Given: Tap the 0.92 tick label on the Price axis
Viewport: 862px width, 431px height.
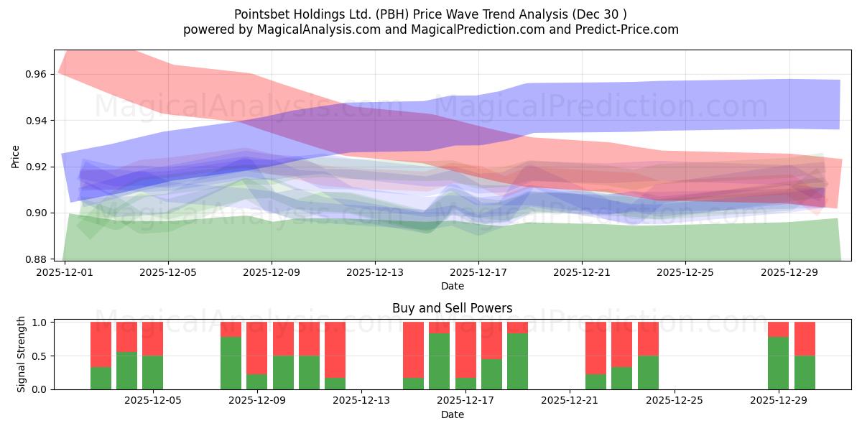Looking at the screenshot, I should (37, 167).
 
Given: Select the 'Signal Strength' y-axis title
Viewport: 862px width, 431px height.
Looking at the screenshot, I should (22, 355).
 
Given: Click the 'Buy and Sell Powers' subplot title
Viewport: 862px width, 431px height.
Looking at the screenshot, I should (452, 308).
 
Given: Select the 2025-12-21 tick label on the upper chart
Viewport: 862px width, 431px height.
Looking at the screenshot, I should (582, 273).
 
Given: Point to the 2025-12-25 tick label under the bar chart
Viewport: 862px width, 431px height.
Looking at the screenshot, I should (674, 401).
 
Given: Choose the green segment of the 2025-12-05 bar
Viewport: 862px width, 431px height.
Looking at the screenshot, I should (152, 372).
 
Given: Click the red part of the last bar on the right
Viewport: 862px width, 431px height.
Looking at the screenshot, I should (805, 338).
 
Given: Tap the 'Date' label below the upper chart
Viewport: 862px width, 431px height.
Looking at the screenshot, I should (452, 286).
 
